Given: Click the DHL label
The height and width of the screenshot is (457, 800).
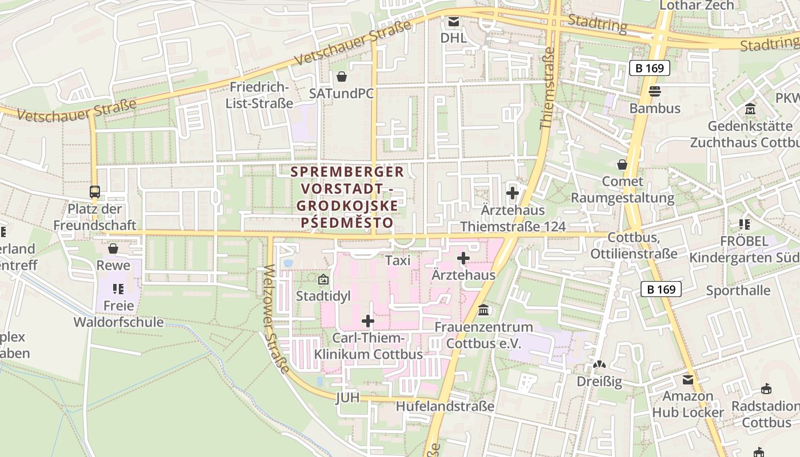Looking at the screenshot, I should coord(453,38).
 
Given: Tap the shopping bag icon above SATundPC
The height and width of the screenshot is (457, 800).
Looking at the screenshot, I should coord(342,77).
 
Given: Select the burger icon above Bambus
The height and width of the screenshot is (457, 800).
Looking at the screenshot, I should coord(655,91).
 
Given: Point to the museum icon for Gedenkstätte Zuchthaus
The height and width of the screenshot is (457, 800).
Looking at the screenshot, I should coord(750,109).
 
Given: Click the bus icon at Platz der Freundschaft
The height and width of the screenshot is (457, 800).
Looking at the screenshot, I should coord(95,192).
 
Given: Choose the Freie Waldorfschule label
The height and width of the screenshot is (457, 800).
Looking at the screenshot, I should coord(118,314).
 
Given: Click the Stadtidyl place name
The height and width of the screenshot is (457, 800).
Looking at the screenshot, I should coord(323,296).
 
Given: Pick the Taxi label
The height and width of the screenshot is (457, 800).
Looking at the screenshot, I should coord(398,260).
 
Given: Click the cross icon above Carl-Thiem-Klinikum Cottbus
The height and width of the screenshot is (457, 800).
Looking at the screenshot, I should coord(368,321).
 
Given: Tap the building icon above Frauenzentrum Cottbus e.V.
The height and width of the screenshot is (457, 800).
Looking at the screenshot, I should coord(483,310).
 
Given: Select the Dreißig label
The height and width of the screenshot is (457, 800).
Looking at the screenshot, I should coord(599,382).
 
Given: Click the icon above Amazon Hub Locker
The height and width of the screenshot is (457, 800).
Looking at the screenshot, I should coord(688,380).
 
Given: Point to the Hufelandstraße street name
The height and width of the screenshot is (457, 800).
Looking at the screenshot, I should coord(445,406).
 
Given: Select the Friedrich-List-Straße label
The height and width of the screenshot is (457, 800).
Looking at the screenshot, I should coord(259,95).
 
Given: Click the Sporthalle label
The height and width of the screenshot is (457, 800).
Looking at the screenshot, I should coord(738,290).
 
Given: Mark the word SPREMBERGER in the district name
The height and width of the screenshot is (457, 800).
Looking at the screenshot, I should coord(347,172).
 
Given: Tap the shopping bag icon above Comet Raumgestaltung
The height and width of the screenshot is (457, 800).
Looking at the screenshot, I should coord(622,165).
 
